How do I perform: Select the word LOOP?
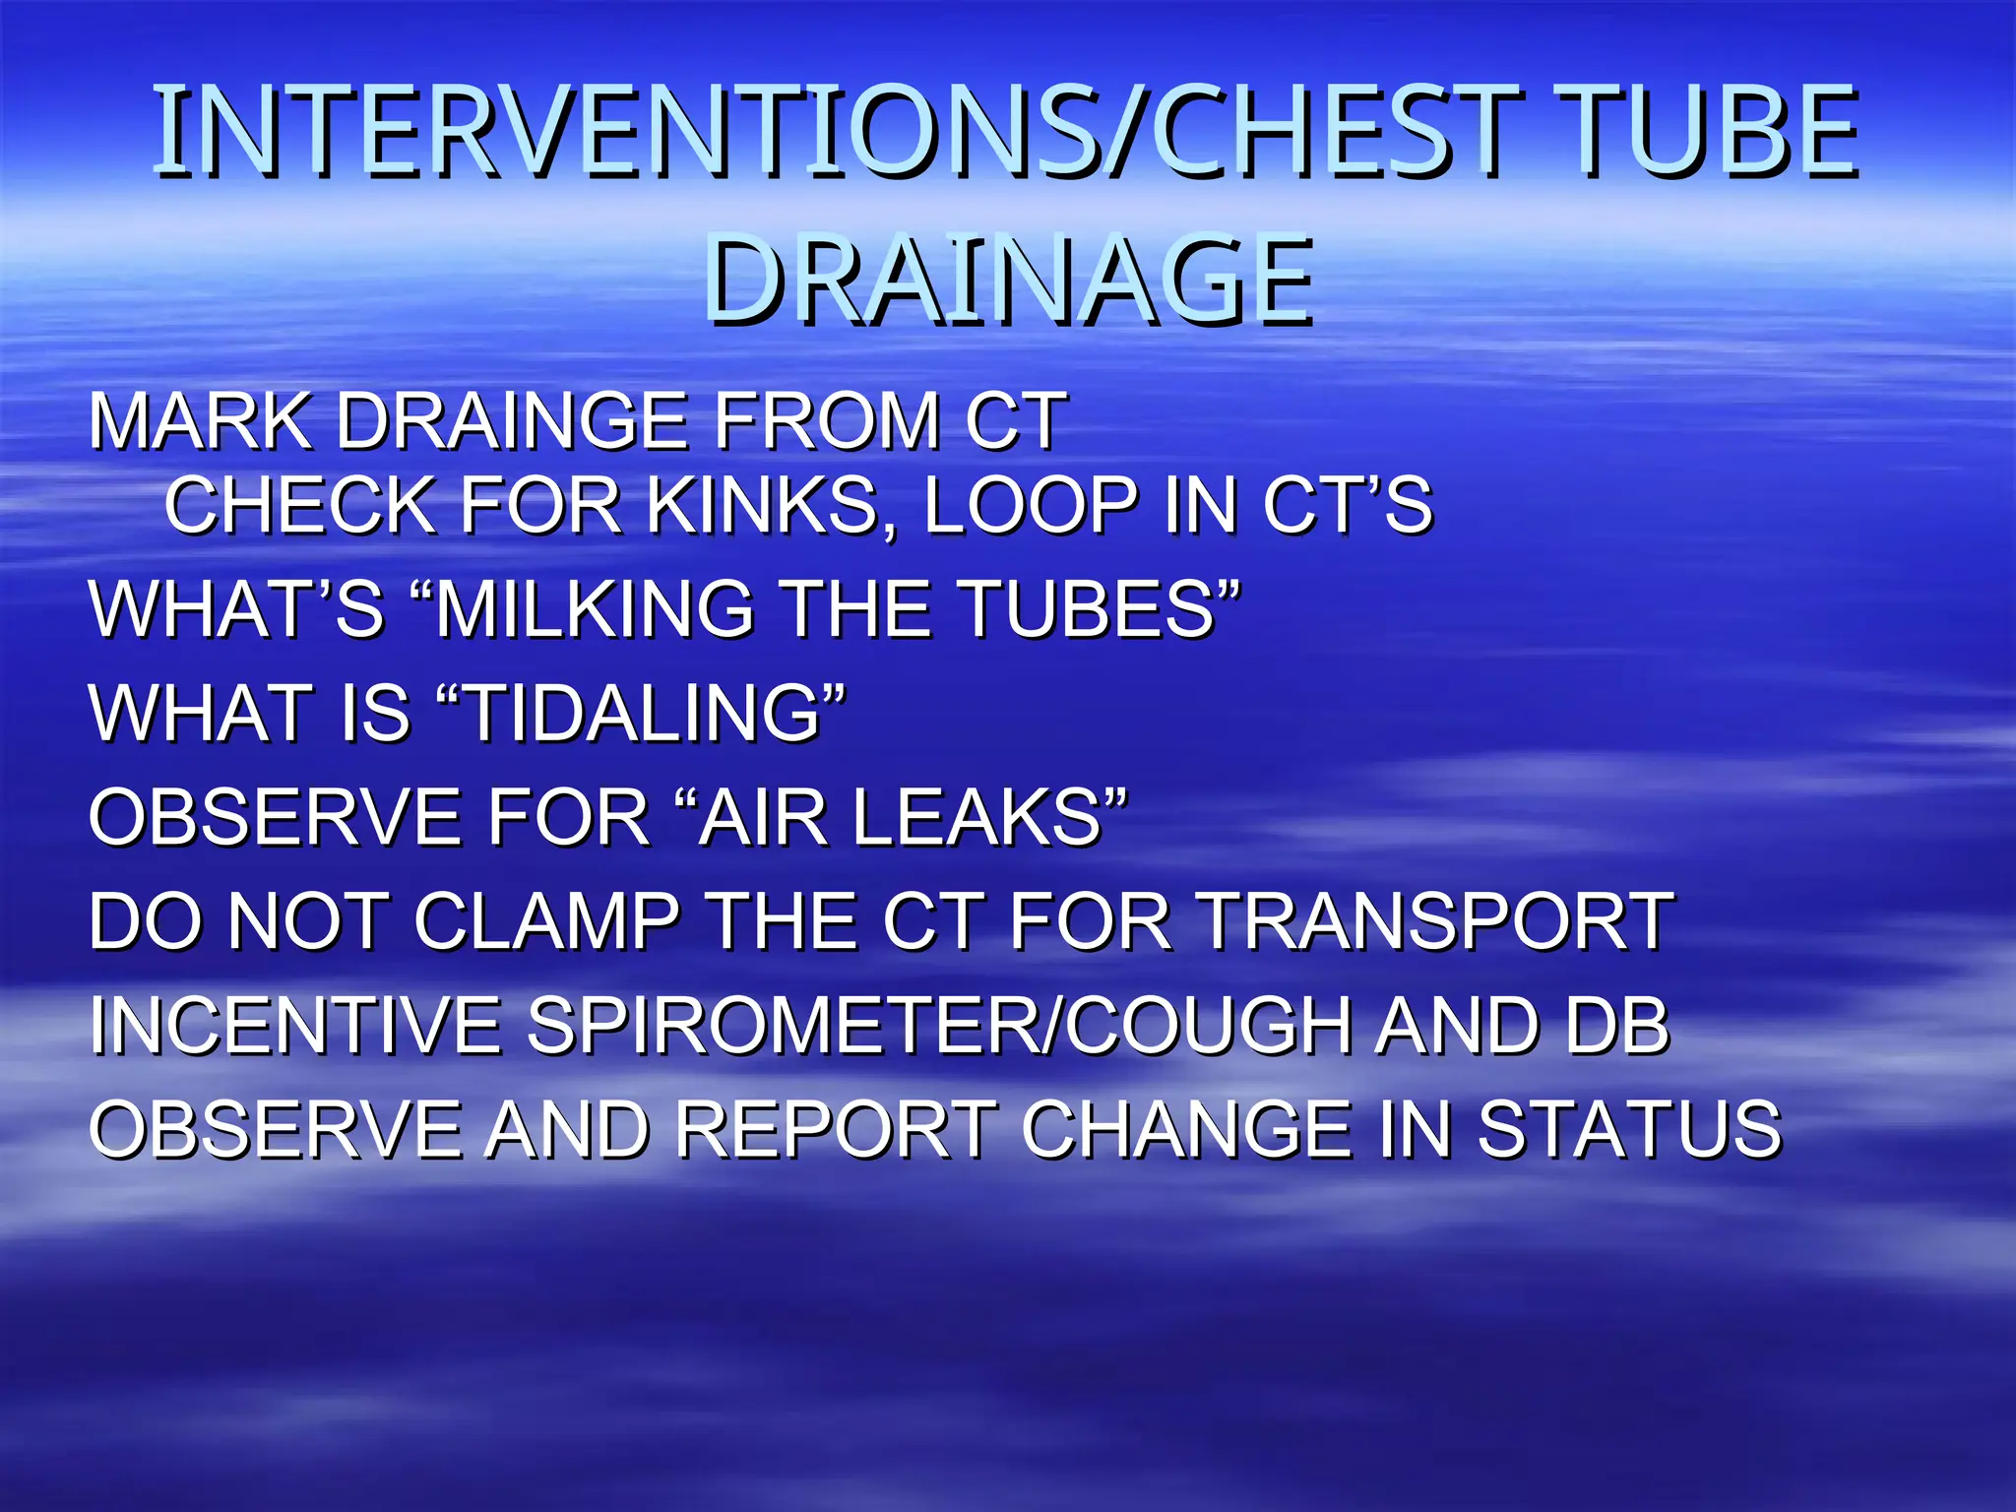1031,505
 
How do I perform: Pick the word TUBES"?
1100,608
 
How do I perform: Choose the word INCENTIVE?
294,1026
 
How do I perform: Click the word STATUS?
1629,1129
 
